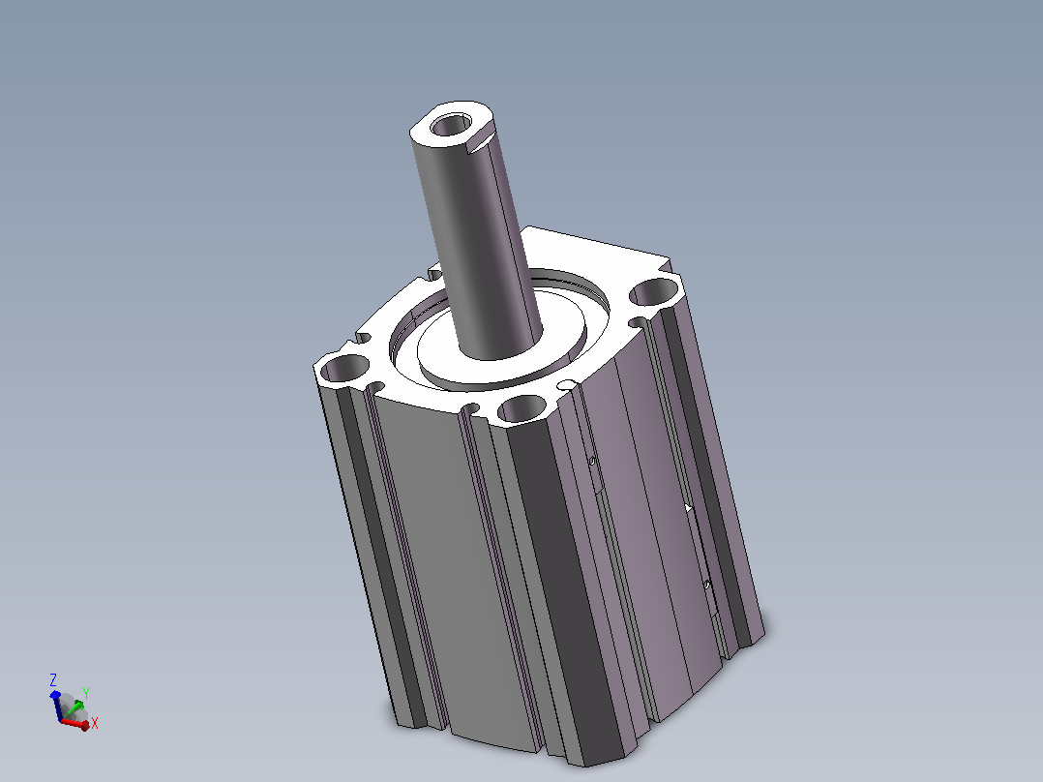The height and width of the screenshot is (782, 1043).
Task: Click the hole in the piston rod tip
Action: [x=450, y=125]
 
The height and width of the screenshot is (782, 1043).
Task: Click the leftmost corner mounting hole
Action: [x=343, y=368]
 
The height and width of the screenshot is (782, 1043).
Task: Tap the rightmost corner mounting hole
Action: [x=654, y=291]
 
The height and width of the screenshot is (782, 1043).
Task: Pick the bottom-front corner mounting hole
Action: [x=522, y=408]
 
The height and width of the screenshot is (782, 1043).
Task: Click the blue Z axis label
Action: [x=53, y=679]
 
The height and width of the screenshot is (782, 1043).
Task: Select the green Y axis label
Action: [x=86, y=694]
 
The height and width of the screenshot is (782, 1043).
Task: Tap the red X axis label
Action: [x=95, y=723]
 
